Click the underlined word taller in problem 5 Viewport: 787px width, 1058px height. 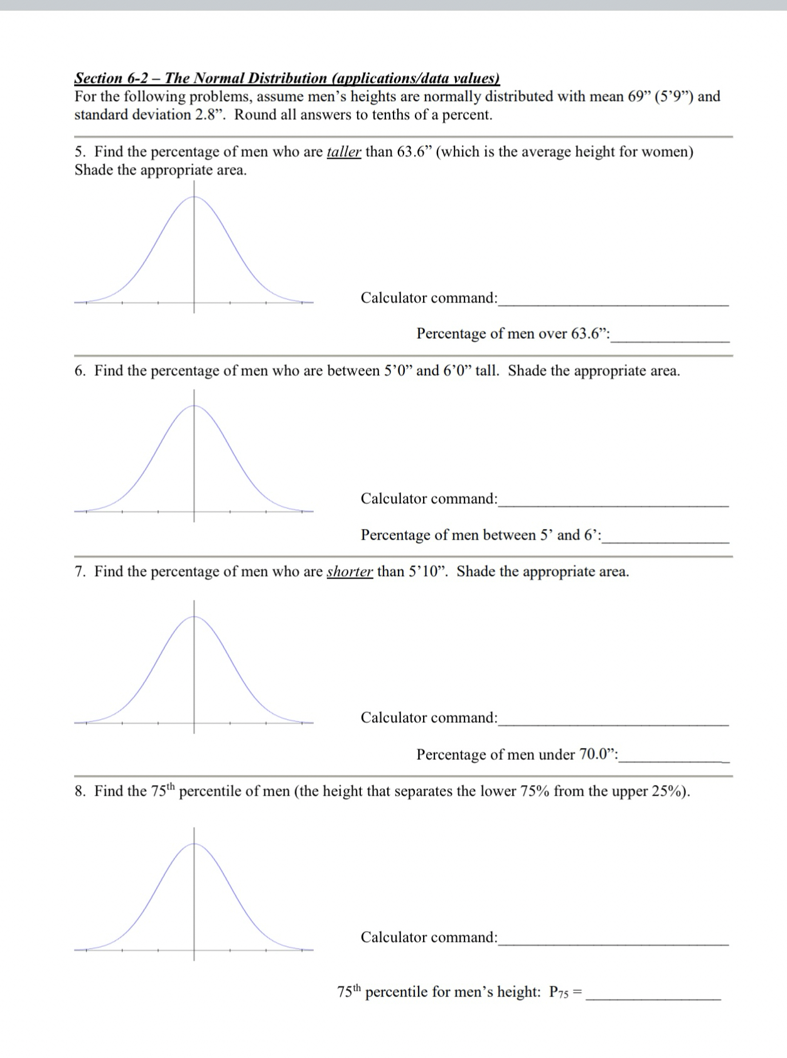pos(344,152)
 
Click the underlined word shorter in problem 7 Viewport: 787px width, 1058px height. pos(350,572)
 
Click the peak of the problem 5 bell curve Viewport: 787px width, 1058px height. pos(193,197)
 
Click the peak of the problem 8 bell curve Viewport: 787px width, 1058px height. pos(193,844)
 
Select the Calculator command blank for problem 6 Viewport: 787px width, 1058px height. pos(613,501)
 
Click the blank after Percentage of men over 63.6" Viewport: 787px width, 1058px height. pos(670,336)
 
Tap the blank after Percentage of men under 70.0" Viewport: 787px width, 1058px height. pos(673,756)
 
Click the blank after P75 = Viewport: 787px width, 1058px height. pos(653,993)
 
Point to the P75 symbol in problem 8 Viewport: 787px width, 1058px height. pos(559,992)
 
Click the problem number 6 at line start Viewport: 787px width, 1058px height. pos(80,371)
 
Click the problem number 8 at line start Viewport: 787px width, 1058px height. pos(80,791)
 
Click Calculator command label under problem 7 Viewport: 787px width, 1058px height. pos(429,718)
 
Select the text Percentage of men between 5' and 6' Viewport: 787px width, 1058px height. pos(480,535)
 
